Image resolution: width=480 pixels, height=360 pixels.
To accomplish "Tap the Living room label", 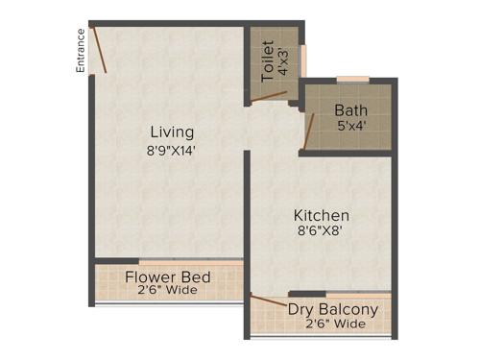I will point(172,132).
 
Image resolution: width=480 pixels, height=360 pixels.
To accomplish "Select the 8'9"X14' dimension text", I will point(172,150).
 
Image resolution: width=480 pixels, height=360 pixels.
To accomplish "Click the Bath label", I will point(350,109).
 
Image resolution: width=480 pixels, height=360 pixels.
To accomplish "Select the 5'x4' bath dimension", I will point(350,126).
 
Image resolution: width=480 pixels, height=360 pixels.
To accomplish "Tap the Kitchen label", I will point(321,215).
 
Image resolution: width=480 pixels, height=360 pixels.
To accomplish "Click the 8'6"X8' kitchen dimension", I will point(321,231).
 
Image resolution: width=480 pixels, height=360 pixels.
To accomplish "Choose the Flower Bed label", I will point(170,279).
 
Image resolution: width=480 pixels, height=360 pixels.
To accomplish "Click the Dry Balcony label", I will point(333,309).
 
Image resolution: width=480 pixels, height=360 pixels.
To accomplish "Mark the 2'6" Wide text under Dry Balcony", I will point(334,324).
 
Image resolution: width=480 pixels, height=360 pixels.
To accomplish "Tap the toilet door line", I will point(274,95).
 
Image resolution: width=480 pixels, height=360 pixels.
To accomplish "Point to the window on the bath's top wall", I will point(352,79).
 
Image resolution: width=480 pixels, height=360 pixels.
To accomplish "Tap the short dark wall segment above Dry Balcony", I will point(306,294).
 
